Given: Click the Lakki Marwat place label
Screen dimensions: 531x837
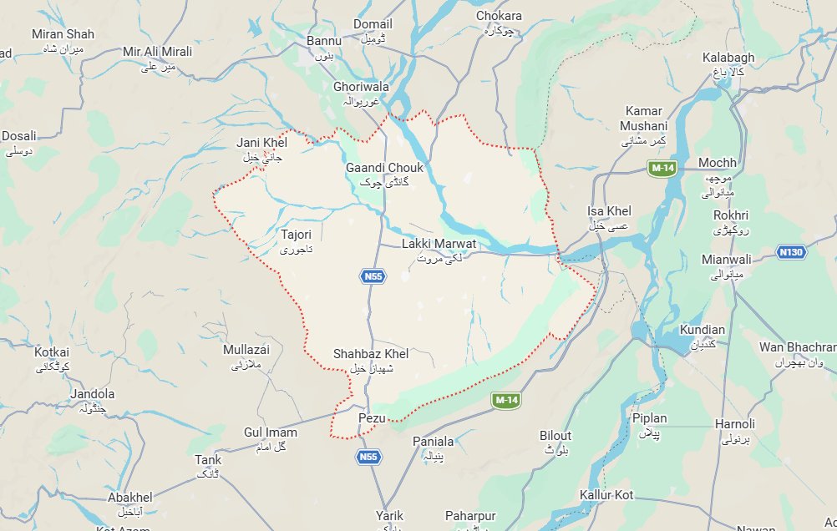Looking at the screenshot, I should (439, 244).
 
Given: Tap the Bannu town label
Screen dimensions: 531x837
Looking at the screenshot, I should (325, 40).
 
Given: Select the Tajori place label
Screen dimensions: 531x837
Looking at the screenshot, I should (297, 235).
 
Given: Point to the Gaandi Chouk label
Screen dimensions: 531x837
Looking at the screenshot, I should (384, 168).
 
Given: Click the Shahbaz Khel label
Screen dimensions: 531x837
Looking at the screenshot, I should (370, 354).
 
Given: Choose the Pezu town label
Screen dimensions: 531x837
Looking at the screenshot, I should (369, 417).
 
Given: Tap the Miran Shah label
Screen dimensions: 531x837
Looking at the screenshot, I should (63, 34).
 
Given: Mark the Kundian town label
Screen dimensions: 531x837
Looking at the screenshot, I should (703, 330).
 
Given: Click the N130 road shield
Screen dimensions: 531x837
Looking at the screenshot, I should (789, 251).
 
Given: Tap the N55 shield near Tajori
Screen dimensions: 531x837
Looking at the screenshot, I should (373, 276).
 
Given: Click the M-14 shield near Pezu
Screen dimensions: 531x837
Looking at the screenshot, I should (505, 401).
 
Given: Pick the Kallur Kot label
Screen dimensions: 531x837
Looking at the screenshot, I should (606, 495).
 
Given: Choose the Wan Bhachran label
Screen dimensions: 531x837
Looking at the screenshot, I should (798, 346).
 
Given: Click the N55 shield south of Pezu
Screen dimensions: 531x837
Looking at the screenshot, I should (368, 457).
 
